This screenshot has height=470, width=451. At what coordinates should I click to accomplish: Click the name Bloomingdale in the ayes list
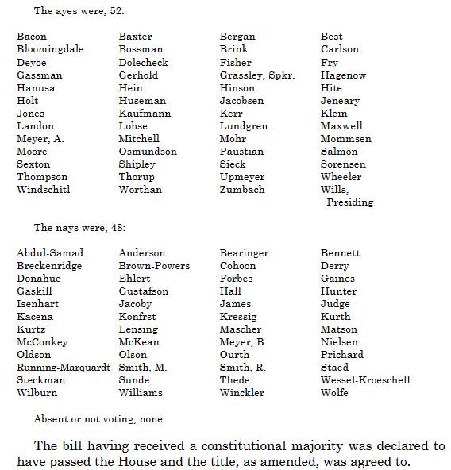[x=49, y=49]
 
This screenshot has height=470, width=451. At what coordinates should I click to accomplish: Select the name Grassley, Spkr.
[x=257, y=75]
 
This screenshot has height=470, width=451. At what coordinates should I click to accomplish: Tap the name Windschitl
[x=44, y=190]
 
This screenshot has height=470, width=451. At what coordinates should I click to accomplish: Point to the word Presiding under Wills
[x=350, y=202]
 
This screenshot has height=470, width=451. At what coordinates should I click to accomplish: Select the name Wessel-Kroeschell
[x=365, y=380]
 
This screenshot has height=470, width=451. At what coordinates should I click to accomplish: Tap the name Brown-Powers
[x=154, y=266]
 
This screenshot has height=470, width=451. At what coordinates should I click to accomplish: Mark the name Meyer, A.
[x=41, y=139]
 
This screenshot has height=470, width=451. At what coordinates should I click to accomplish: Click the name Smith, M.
[x=143, y=368]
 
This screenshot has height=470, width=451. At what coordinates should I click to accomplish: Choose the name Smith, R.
[x=243, y=368]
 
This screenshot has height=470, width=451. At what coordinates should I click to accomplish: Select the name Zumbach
[x=242, y=190]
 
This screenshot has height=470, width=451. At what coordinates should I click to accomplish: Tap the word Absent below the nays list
[x=50, y=418]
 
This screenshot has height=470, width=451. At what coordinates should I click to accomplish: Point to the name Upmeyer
[x=242, y=177]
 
